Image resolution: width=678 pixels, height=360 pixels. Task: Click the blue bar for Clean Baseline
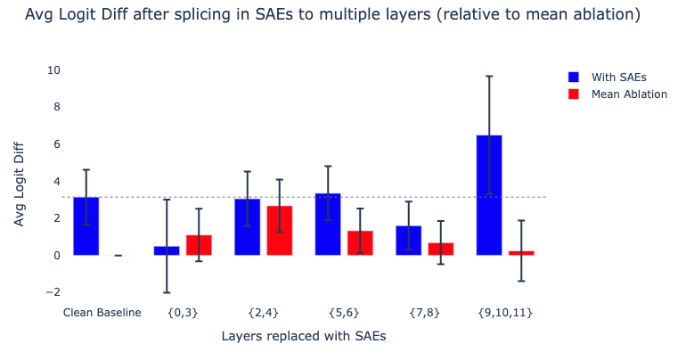pos(86,226)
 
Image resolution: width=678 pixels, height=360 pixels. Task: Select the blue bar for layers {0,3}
pos(167,250)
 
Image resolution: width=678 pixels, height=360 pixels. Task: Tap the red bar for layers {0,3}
pos(199,245)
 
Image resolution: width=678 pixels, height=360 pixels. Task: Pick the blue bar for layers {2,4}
pos(247,227)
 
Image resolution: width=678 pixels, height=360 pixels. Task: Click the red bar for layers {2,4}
pos(279,231)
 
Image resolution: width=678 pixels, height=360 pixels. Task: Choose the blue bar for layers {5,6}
pos(328,225)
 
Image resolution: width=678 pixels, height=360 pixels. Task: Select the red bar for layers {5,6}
pos(360,243)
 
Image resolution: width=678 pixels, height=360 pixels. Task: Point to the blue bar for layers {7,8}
pos(408,241)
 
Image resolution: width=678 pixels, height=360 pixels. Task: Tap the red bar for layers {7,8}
pos(440,249)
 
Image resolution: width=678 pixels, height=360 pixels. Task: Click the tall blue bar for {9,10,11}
pos(489,195)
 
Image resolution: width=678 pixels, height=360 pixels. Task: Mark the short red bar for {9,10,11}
pos(521,253)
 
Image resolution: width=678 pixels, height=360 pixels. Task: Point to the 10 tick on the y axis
pos(53,70)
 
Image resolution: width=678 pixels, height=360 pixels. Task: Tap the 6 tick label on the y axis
pos(56,144)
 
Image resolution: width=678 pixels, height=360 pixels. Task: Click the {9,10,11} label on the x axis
pos(505,313)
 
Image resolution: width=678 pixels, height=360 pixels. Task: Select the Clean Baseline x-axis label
pos(102,313)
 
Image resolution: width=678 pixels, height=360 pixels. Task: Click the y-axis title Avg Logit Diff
pos(20,182)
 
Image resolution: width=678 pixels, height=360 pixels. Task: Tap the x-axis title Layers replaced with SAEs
pos(303,337)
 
